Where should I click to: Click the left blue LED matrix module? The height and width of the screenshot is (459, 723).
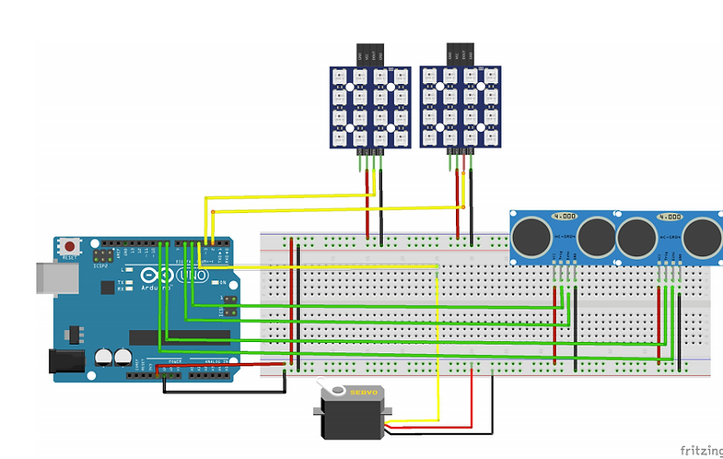366,106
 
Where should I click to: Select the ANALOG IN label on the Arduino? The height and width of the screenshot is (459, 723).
216,361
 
